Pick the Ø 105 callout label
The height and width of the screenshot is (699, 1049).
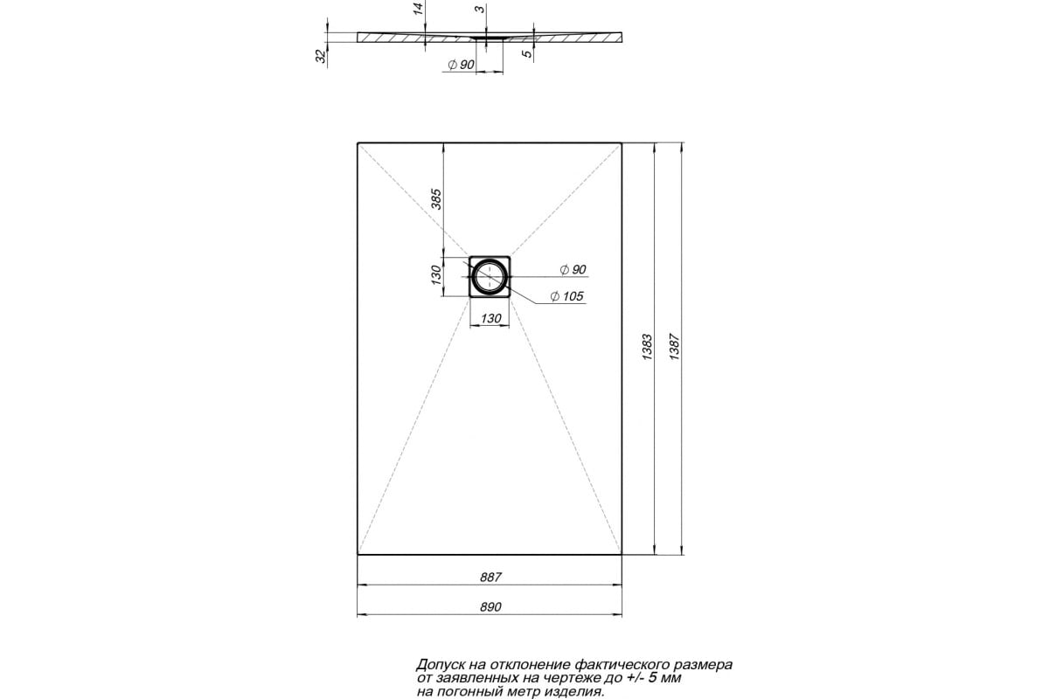point(566,297)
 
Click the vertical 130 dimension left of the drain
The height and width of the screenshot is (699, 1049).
point(437,276)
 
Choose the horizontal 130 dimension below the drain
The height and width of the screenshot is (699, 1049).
point(491,319)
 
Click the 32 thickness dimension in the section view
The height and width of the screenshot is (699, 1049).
point(321,56)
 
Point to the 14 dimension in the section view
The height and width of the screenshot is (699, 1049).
point(419,10)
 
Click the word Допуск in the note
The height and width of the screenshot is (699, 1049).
point(440,664)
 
